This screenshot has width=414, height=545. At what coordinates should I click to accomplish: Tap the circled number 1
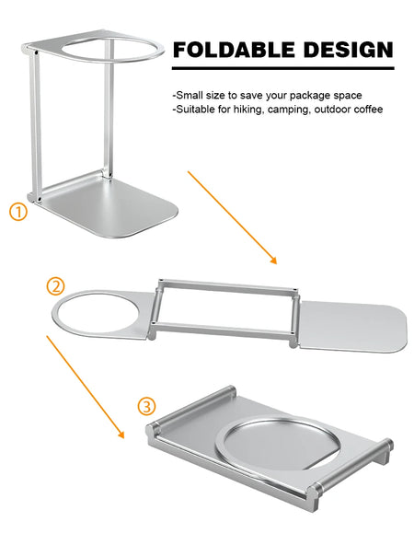coord(19,212)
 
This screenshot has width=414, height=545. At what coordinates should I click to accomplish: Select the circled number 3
coord(146,406)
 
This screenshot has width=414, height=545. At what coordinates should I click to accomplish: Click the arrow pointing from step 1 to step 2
coord(232,217)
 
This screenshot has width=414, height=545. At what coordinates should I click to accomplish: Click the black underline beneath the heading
coord(283,67)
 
